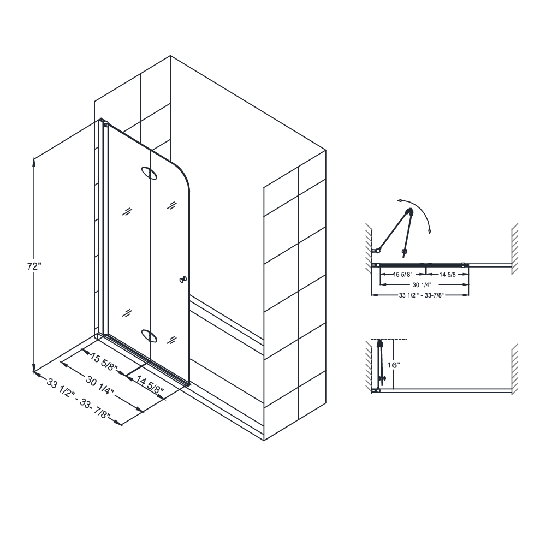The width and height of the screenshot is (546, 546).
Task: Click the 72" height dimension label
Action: tap(34, 266)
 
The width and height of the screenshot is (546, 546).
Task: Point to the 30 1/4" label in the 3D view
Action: tap(99, 384)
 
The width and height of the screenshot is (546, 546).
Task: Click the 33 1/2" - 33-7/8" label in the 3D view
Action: tap(79, 400)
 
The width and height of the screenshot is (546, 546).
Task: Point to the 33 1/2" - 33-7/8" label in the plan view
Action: tap(420, 295)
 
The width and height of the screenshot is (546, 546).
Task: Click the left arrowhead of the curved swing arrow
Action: tap(399, 201)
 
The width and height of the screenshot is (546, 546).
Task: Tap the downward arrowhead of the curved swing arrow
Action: tap(430, 232)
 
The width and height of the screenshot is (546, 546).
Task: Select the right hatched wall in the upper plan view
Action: tap(514, 248)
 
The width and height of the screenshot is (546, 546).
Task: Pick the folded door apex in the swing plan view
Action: tap(408, 210)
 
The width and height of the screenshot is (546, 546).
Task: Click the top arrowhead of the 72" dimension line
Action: tap(34, 159)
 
